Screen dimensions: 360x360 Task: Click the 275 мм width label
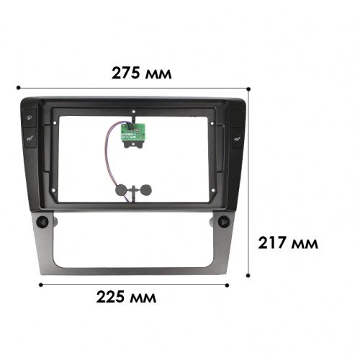142,73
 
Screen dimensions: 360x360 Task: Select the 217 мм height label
288,243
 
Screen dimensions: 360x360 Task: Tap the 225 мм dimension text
126,297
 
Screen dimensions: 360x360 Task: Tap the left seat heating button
30,138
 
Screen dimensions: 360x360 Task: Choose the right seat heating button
237,138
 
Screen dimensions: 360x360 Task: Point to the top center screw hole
134,112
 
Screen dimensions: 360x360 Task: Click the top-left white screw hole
55,123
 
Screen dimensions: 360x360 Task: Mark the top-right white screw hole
212,124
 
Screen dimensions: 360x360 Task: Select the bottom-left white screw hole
53,190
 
